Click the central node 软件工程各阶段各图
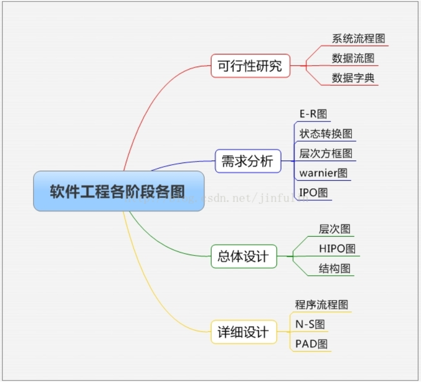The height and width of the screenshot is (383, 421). pyautogui.click(x=118, y=191)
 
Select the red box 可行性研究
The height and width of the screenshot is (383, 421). pyautogui.click(x=250, y=66)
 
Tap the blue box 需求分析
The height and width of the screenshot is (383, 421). pyautogui.click(x=248, y=162)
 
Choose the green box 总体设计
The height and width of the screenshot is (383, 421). pyautogui.click(x=244, y=257)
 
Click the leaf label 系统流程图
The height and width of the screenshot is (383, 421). pyautogui.click(x=359, y=39)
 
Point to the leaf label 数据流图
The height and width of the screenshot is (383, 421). pyautogui.click(x=353, y=58)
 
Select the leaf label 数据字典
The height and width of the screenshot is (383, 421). pyautogui.click(x=353, y=78)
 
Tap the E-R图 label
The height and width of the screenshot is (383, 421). pyautogui.click(x=313, y=114)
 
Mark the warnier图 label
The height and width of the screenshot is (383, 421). pyautogui.click(x=323, y=173)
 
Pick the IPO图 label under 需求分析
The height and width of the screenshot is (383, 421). pyautogui.click(x=314, y=193)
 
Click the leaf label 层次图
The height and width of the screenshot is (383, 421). pyautogui.click(x=335, y=229)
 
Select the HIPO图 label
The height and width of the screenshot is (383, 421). pyautogui.click(x=337, y=248)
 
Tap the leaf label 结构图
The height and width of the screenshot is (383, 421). pyautogui.click(x=335, y=268)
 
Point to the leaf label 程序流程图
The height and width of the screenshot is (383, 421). pyautogui.click(x=322, y=305)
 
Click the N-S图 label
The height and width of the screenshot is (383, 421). pyautogui.click(x=310, y=324)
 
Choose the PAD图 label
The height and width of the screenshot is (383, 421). pyautogui.click(x=312, y=344)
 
